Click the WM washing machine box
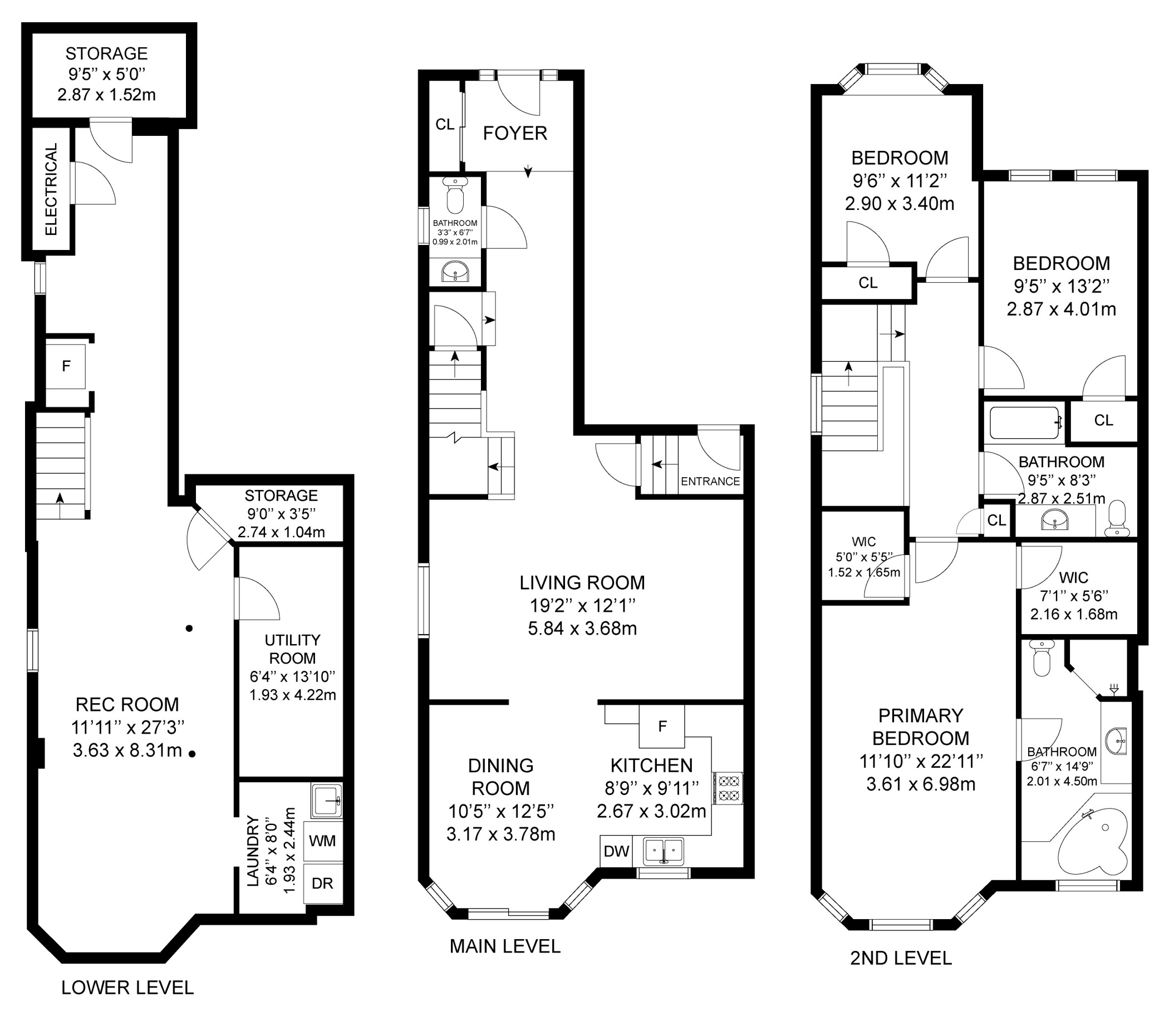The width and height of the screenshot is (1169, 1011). coord(323,841)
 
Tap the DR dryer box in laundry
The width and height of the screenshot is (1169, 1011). coord(323,884)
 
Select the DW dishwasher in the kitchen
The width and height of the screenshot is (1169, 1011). coord(616,851)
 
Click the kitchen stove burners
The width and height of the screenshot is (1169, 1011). coord(728,788)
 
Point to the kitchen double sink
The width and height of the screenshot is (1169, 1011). coord(664,851)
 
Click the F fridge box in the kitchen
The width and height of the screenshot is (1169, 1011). coord(662,726)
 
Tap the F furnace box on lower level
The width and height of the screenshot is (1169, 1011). coord(66,366)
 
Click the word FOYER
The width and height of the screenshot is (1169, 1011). coord(515,133)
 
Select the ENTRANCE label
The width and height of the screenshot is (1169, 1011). coord(710,481)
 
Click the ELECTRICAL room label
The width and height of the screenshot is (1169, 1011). coord(51,189)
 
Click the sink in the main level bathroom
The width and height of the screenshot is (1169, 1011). coord(455,272)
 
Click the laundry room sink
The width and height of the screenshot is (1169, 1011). coord(327,800)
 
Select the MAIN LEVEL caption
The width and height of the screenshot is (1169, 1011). coord(505,946)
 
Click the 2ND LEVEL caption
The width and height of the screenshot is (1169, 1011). coord(901,958)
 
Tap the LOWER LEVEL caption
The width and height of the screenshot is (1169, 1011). coord(127,987)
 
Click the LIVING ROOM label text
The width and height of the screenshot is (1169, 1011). coord(582,582)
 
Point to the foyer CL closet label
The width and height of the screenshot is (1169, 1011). coord(445,124)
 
